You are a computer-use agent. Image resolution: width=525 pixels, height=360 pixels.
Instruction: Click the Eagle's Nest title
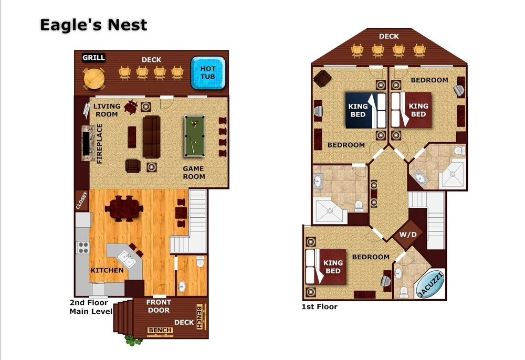pyautogui.click(x=93, y=25)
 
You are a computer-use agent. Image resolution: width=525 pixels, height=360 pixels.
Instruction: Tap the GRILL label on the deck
pyautogui.click(x=94, y=58)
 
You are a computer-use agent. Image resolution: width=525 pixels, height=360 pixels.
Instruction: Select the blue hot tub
pyautogui.click(x=208, y=73)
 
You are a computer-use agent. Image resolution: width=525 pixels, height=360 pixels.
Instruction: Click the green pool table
pyautogui.click(x=195, y=136)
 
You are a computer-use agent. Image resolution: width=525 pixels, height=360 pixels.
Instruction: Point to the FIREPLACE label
pyautogui.click(x=99, y=144)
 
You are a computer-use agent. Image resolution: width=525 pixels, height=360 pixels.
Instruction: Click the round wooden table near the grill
pyautogui.click(x=94, y=79)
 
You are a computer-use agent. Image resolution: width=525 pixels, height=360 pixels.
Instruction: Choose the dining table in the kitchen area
pyautogui.click(x=124, y=208)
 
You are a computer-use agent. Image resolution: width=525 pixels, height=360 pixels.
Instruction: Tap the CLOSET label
pyautogui.click(x=82, y=200)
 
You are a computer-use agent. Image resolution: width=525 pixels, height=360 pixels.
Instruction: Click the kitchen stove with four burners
pyautogui.click(x=83, y=247)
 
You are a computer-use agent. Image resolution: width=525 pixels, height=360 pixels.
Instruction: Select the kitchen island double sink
pyautogui.click(x=127, y=259)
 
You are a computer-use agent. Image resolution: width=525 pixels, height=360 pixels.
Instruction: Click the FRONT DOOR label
pyautogui.click(x=159, y=306)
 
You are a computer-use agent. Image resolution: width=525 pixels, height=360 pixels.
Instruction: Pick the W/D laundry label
pyautogui.click(x=408, y=235)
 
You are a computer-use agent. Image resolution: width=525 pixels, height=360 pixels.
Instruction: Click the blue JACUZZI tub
pyautogui.click(x=430, y=284)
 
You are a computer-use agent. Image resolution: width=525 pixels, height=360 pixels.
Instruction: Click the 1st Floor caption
pyautogui.click(x=319, y=307)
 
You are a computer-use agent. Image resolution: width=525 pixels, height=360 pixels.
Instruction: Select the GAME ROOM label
pyautogui.click(x=194, y=173)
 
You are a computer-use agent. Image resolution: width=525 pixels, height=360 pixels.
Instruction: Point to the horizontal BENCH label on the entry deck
pyautogui.click(x=160, y=330)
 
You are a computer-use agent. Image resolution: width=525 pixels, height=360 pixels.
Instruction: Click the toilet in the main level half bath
pyautogui.click(x=200, y=261)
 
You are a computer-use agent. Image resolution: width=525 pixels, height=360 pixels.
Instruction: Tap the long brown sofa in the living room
pyautogui.click(x=151, y=136)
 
